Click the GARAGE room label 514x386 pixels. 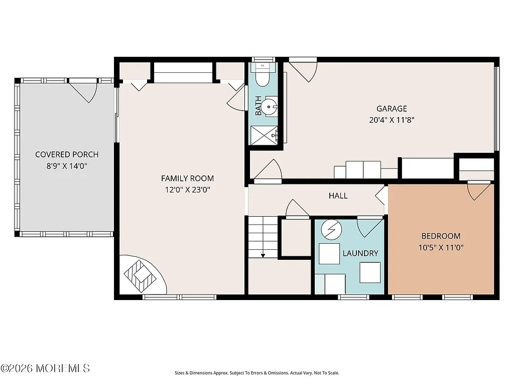392,109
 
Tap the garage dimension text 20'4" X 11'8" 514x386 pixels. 392,120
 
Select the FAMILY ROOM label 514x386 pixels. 187,178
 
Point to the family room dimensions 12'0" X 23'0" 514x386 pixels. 187,190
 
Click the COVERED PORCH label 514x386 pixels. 67,155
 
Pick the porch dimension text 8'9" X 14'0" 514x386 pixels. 67,166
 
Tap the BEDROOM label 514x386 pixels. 440,236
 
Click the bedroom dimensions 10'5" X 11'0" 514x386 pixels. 440,248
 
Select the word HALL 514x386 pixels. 338,196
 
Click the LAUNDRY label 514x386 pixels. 360,253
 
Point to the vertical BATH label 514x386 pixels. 258,106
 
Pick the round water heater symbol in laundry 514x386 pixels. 331,230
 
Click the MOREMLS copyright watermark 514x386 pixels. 45,368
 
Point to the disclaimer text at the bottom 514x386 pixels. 256,373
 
